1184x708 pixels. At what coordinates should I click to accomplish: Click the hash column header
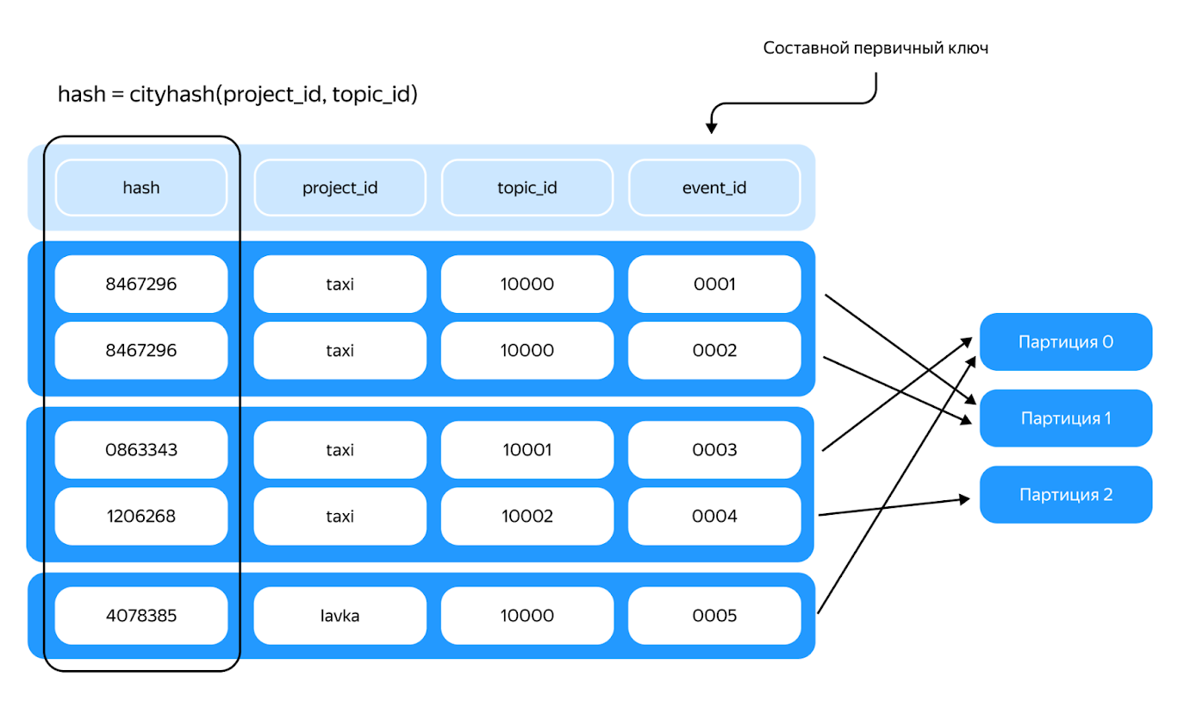coord(141,187)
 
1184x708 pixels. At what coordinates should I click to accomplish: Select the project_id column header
coord(340,187)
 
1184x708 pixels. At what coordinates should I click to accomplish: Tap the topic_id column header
coord(527,187)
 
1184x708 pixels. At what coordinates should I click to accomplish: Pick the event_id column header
coord(714,187)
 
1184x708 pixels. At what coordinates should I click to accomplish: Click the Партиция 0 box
coord(1066,341)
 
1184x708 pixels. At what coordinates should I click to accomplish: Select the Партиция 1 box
coord(1066,418)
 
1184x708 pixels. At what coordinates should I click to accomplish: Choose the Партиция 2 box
coord(1066,494)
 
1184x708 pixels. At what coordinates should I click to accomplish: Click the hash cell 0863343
coord(141,449)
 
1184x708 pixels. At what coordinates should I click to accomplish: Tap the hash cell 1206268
coord(141,516)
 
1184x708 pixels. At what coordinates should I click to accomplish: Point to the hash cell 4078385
coord(141,616)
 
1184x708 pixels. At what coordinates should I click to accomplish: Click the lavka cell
coord(340,616)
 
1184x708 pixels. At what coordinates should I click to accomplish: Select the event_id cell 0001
coord(714,284)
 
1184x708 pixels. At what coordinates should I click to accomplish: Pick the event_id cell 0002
coord(714,350)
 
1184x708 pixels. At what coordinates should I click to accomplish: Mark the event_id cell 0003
coord(714,449)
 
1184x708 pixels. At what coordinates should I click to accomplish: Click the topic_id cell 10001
coord(527,449)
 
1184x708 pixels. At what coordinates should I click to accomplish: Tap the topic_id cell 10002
coord(527,516)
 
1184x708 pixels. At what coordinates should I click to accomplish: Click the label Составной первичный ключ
coord(876,48)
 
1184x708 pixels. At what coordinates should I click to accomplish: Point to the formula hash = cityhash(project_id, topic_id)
coord(238,94)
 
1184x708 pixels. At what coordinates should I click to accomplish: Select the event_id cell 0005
coord(714,616)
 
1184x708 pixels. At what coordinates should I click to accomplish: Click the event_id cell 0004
coord(714,516)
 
